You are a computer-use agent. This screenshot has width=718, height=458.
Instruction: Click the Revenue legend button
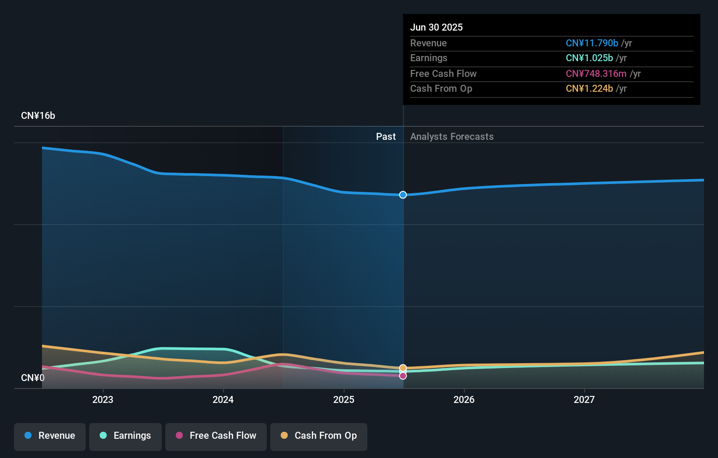[x=50, y=436]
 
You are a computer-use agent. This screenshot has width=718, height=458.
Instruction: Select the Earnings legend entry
[x=125, y=436]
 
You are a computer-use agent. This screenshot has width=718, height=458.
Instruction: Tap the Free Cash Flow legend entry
[x=216, y=436]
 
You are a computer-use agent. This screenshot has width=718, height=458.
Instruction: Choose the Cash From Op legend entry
[x=319, y=436]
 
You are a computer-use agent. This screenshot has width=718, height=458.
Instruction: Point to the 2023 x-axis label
[x=103, y=399]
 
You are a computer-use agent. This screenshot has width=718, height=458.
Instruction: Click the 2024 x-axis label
[x=223, y=399]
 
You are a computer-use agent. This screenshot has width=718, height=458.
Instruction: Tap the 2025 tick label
[x=344, y=399]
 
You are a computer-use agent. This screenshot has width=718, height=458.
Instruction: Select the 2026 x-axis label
[x=464, y=399]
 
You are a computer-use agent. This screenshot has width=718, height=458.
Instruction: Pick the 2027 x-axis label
[x=584, y=399]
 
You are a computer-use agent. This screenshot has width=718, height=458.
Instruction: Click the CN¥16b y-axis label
[x=38, y=116]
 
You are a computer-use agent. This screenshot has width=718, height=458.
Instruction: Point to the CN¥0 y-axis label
[x=33, y=378]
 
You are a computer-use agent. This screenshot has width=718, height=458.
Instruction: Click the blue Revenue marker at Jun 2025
[x=403, y=195]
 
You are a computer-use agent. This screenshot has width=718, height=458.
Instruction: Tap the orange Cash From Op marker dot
[x=403, y=368]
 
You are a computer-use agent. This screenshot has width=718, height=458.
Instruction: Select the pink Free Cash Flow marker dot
[x=403, y=376]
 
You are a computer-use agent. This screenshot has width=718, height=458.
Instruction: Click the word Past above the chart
[x=386, y=137]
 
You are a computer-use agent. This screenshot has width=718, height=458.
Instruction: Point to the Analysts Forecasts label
[x=452, y=137]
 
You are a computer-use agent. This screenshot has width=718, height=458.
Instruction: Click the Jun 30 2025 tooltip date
[x=436, y=27]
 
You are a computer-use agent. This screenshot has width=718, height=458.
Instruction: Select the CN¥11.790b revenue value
[x=592, y=43]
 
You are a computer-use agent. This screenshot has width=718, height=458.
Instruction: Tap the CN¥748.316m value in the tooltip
[x=596, y=73]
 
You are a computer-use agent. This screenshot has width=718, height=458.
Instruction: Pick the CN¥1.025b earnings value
[x=589, y=58]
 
